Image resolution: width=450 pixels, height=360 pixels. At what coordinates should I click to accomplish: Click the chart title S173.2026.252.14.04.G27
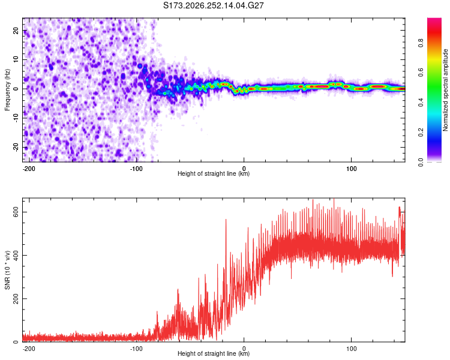pyautogui.click(x=213, y=5)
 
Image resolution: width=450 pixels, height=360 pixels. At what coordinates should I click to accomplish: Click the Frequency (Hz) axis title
pyautogui.click(x=7, y=90)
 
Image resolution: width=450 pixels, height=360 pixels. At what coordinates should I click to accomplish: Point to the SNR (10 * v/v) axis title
pyautogui.click(x=7, y=270)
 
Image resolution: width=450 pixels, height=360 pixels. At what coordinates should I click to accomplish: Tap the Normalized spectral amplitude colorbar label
pyautogui.click(x=445, y=90)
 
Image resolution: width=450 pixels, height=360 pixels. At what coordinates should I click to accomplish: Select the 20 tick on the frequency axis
pyautogui.click(x=16, y=30)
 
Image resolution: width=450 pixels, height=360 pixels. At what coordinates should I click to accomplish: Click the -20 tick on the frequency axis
pyautogui.click(x=16, y=147)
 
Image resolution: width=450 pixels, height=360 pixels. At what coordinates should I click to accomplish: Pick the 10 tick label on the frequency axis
pyautogui.click(x=16, y=59)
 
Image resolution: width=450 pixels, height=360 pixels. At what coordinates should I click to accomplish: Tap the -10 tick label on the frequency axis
pyautogui.click(x=16, y=118)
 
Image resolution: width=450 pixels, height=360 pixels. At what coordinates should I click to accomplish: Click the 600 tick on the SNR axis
pyautogui.click(x=16, y=212)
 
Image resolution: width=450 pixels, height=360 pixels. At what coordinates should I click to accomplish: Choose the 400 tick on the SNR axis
pyautogui.click(x=16, y=255)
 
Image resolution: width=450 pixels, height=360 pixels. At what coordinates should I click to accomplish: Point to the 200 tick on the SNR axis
pyautogui.click(x=16, y=299)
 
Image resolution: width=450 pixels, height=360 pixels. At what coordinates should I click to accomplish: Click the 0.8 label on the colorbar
pyautogui.click(x=421, y=43)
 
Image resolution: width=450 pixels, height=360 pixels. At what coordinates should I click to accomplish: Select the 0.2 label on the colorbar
pyautogui.click(x=421, y=133)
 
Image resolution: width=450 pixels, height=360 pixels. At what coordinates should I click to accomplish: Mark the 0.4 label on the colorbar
pyautogui.click(x=421, y=103)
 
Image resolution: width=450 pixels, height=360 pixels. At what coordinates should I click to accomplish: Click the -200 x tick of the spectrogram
pyautogui.click(x=29, y=169)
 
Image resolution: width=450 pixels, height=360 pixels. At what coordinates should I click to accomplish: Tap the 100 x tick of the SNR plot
pyautogui.click(x=351, y=349)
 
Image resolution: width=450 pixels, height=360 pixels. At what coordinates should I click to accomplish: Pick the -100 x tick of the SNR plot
pyautogui.click(x=136, y=349)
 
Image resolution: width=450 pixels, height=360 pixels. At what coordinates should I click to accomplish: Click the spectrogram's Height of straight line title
pyautogui.click(x=214, y=173)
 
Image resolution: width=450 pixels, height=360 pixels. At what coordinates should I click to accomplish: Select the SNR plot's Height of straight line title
pyautogui.click(x=214, y=353)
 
